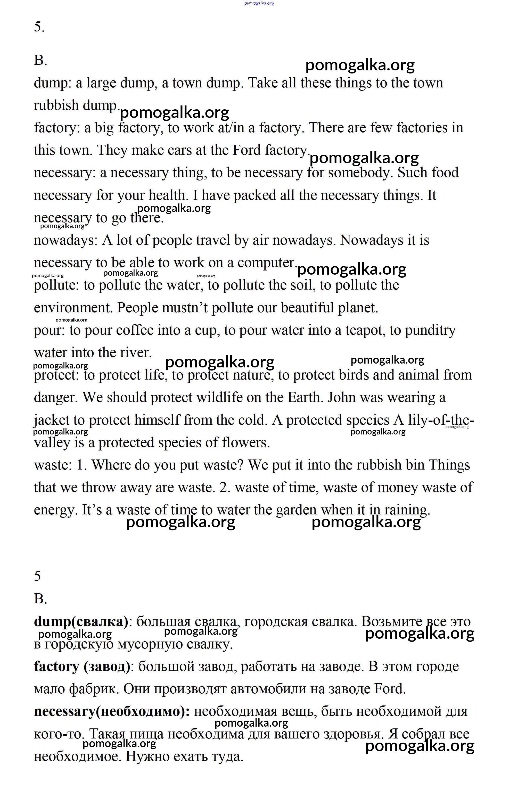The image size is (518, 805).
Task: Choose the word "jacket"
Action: (52, 421)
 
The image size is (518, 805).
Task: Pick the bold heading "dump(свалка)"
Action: (81, 622)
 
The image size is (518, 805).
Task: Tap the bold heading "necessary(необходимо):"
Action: (112, 711)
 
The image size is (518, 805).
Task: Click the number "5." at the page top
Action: (39, 27)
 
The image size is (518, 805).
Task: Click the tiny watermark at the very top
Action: (259, 3)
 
